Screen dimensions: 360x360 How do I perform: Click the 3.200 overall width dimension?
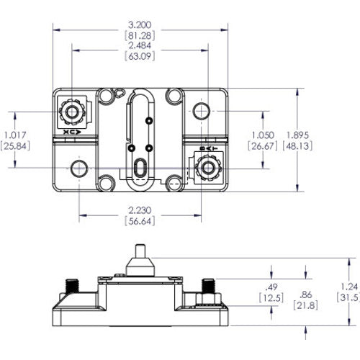pyautogui.click(x=140, y=24)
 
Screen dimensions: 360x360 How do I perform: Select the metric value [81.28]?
pyautogui.click(x=140, y=35)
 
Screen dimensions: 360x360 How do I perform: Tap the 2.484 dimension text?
pyautogui.click(x=140, y=46)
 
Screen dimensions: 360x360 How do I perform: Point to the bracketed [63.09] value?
pyautogui.click(x=140, y=57)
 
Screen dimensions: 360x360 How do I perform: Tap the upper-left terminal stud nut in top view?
pyautogui.click(x=71, y=112)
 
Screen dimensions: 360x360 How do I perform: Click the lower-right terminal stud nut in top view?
pyautogui.click(x=209, y=168)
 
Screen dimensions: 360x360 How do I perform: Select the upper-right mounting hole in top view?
pyautogui.click(x=202, y=112)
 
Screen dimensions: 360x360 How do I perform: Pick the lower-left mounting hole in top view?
pyautogui.click(x=78, y=168)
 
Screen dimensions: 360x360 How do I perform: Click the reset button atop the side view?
pyautogui.click(x=139, y=257)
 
